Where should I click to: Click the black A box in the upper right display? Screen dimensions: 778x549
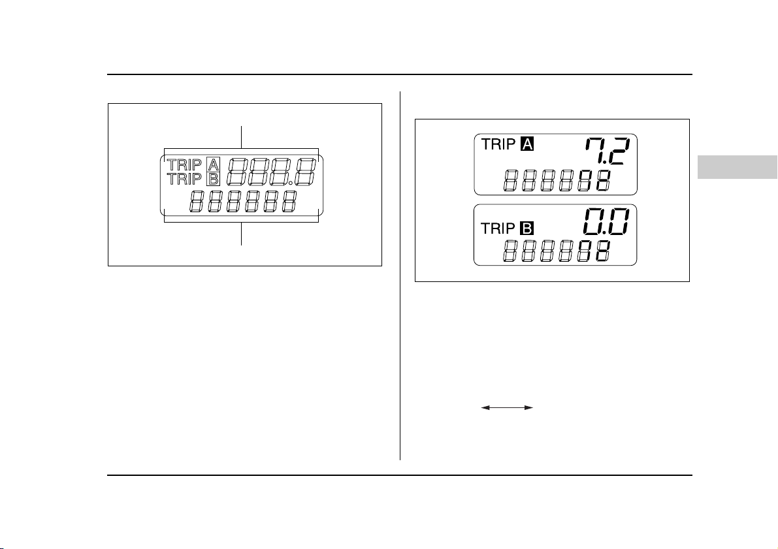[x=527, y=144]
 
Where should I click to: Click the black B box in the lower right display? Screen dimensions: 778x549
[x=527, y=228]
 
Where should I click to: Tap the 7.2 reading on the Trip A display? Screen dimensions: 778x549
[x=608, y=151]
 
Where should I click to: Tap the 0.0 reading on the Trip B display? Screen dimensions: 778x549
[x=606, y=222]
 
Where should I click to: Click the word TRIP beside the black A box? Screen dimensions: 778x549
[x=498, y=144]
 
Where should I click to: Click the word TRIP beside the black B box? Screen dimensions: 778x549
[x=498, y=228]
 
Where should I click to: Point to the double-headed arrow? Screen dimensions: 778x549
[x=507, y=407]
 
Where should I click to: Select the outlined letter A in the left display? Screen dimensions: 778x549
[x=214, y=164]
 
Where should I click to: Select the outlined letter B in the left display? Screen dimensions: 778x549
[x=214, y=178]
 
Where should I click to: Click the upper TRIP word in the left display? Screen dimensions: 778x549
[x=185, y=164]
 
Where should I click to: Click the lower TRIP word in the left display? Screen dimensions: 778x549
[x=185, y=178]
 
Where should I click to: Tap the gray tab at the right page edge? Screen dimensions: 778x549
[x=737, y=166]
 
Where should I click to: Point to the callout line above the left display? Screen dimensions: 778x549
[x=241, y=137]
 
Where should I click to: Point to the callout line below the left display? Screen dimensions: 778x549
[x=241, y=234]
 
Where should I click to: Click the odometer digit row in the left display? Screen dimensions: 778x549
[x=244, y=201]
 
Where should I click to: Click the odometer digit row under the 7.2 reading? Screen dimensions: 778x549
[x=557, y=181]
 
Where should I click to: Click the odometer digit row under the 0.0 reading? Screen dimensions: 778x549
[x=557, y=251]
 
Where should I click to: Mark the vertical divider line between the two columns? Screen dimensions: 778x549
[x=400, y=275]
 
